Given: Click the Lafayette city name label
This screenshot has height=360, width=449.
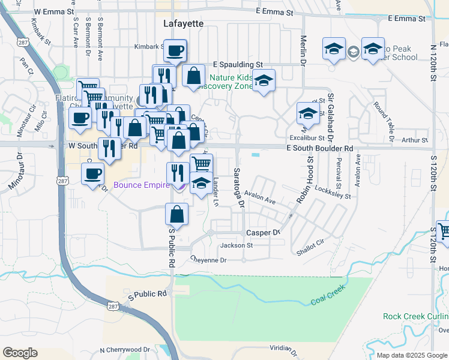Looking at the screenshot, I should point(184,23).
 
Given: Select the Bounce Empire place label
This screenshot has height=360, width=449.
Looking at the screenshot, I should point(142,185).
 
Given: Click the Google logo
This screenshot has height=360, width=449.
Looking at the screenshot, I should point(20,353).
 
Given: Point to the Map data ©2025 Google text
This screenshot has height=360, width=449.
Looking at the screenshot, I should point(412,355).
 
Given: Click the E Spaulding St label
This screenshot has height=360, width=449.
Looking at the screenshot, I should point(239,64).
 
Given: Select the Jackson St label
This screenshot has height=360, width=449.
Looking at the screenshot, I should point(237,245).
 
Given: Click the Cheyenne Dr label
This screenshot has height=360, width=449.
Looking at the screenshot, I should point(208,260).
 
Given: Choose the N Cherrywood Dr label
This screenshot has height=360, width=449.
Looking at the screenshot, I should point(125,349).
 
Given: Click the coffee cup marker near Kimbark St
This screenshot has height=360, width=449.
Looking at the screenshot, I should point(175,52).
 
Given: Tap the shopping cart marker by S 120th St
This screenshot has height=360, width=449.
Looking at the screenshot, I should point(443,231).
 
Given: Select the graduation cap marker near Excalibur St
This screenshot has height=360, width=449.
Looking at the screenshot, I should point(308,113).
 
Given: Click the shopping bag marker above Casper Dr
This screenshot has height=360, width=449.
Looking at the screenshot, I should point(177,214).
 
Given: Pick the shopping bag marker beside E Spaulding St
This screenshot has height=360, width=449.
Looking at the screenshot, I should point(193,76).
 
